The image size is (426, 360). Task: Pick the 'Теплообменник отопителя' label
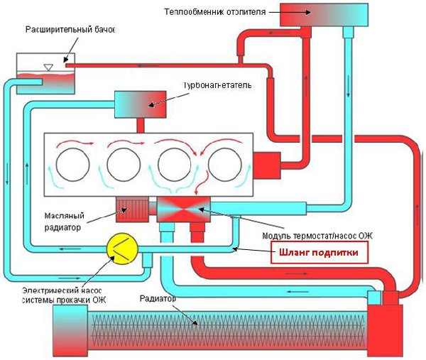tap(210, 12)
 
